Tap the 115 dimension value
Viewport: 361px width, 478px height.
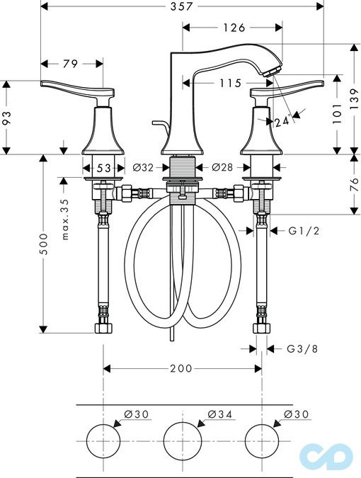coord(229,84)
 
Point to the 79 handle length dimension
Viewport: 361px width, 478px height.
coord(70,64)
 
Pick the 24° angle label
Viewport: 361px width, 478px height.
coord(282,121)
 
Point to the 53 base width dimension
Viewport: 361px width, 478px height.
coord(103,168)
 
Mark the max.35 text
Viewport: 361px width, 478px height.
coord(65,218)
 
